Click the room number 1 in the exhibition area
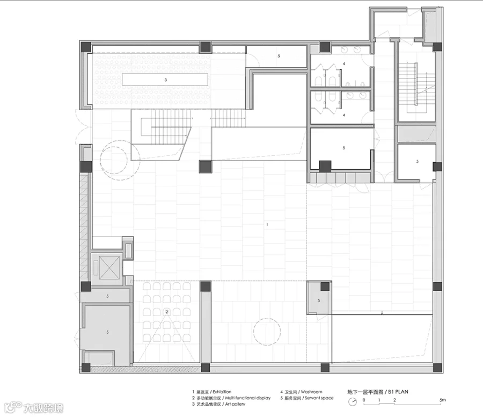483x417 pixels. [x=267, y=224]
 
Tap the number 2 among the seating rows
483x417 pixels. [x=167, y=312]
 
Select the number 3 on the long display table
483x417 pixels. [x=165, y=80]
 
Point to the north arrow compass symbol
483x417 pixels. [x=353, y=401]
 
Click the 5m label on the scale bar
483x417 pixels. [x=442, y=400]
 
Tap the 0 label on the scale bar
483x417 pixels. [x=364, y=400]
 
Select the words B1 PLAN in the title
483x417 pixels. [x=398, y=392]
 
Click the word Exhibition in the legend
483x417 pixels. [x=222, y=392]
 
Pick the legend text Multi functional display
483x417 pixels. [x=247, y=398]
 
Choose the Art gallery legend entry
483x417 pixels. [x=235, y=404]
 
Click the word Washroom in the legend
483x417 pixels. [x=311, y=392]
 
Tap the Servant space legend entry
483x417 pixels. [x=319, y=398]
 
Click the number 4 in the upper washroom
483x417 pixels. [x=344, y=64]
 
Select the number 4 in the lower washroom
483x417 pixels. [x=344, y=115]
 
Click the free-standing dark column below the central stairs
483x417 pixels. [x=205, y=167]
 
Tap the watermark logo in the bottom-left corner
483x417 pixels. [x=34, y=408]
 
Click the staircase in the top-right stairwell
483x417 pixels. [x=416, y=88]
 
